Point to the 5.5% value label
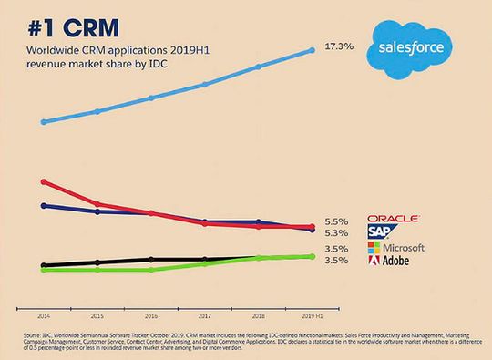tap(336, 221)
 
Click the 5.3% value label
tap(336, 233)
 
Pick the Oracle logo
tap(393, 219)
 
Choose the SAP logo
tap(380, 232)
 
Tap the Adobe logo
tap(387, 261)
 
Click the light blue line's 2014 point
tap(44, 121)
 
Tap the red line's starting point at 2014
tap(44, 181)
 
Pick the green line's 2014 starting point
tap(44, 270)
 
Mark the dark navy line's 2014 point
tap(44, 205)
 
